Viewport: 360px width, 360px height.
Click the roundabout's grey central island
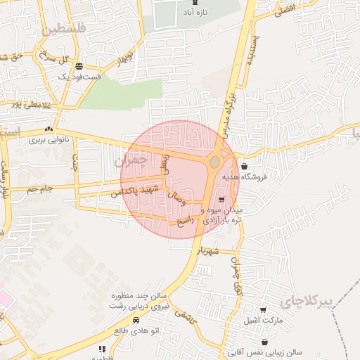214,162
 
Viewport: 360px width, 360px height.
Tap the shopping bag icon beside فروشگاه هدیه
243,167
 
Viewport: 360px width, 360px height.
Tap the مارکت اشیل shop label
262,321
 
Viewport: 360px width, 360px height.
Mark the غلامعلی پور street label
21,105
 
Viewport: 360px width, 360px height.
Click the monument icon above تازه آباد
195,4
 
